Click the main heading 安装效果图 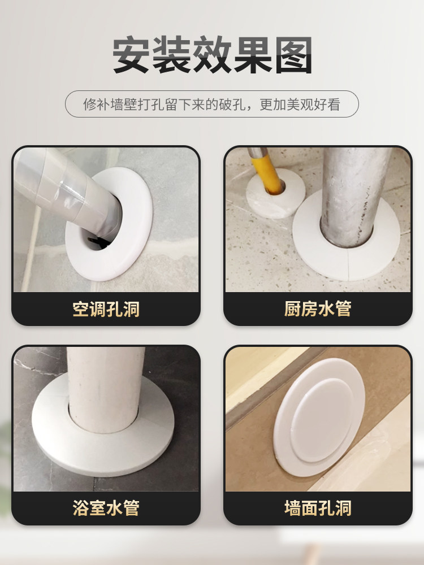point(212,55)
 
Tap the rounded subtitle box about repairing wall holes point(212,104)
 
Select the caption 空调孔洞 point(106,309)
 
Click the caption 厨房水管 point(318,309)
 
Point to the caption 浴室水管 point(106,508)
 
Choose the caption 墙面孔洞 point(318,508)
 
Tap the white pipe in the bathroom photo point(105,389)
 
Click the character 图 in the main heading point(293,55)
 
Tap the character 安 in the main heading point(131,55)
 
